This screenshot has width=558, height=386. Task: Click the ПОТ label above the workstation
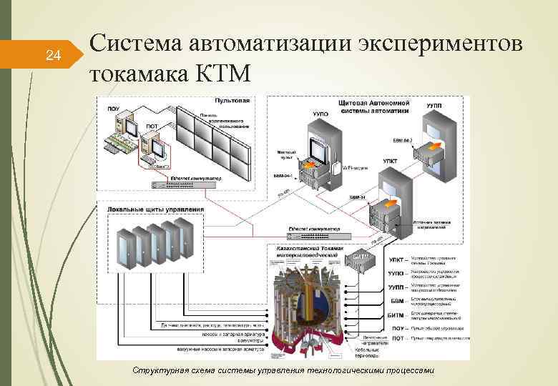click(x=152, y=127)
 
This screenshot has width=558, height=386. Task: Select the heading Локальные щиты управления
click(x=155, y=209)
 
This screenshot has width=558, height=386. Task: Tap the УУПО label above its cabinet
click(x=320, y=113)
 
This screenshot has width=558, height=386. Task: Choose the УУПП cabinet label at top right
click(x=434, y=106)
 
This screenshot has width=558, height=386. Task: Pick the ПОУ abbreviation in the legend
click(x=398, y=328)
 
